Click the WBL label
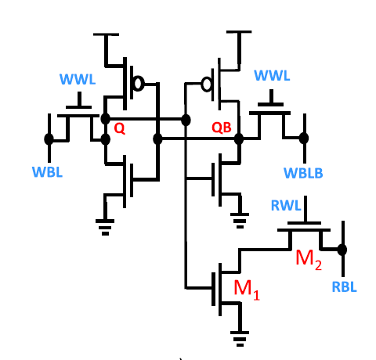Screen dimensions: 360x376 (46, 170)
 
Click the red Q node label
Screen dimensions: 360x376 (119, 129)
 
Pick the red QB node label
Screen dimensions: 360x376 (222, 128)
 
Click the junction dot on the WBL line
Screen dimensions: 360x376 (49, 139)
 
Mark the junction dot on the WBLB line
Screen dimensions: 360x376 (302, 139)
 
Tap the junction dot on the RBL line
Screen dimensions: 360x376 (342, 250)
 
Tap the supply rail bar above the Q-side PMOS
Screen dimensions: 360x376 (105, 35)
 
